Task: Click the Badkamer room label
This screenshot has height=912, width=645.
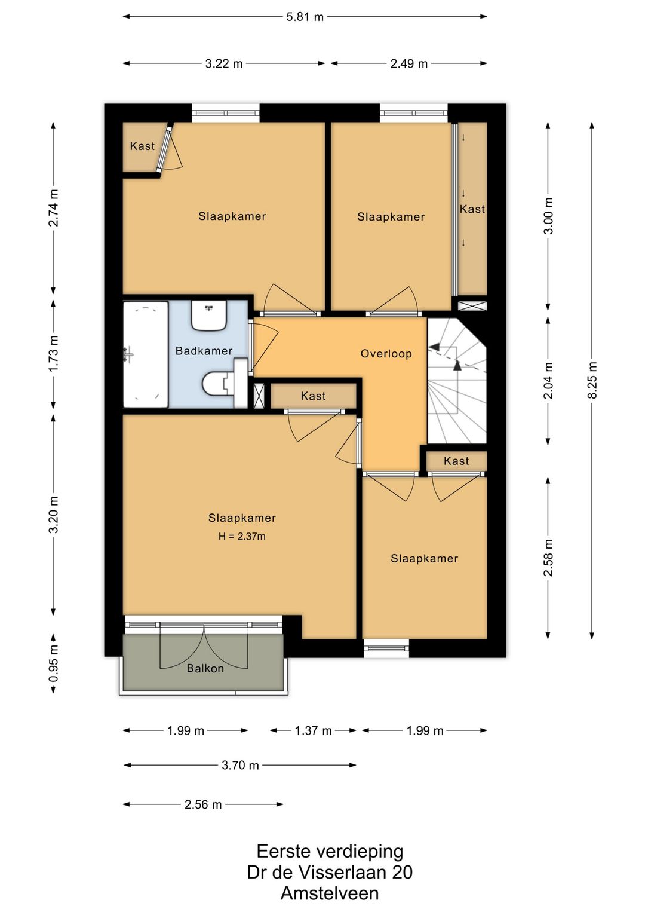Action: pos(204,351)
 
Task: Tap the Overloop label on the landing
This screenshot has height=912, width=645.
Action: pos(386,354)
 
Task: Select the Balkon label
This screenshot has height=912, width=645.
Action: pos(205,669)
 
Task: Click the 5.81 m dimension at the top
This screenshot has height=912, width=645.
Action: pos(305,17)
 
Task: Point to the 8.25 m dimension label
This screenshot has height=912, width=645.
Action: pos(592,380)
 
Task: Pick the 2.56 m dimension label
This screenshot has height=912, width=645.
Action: pos(203,805)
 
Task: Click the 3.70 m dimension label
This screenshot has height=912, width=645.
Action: pos(240,766)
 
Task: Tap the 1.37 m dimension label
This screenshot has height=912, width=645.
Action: pos(314,731)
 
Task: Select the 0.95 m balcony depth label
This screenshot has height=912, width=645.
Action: pos(53,664)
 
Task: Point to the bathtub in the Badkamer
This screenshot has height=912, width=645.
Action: pos(146,354)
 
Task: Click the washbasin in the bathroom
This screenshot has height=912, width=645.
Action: pos(209,316)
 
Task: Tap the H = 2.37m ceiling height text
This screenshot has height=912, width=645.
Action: pos(242,537)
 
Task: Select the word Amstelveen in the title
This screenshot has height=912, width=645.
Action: pos(330,893)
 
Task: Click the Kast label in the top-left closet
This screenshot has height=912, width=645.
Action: pos(142,146)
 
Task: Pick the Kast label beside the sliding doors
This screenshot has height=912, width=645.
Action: pos(472,209)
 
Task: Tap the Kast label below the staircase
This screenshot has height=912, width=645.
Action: pos(457,461)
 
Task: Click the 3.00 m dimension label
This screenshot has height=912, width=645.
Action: pos(549,216)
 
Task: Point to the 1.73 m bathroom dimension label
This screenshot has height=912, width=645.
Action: pos(53,353)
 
